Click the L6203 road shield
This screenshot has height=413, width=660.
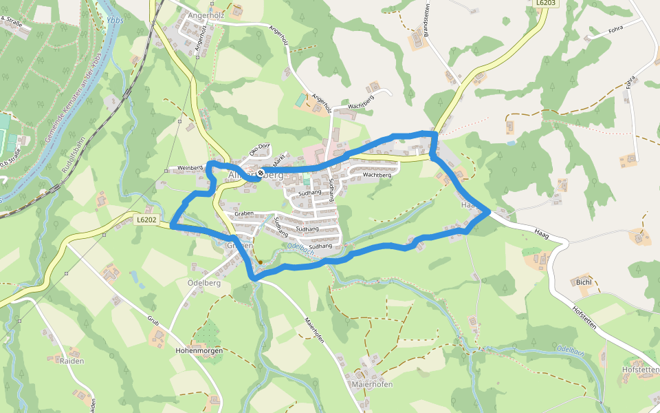(x=546, y=3)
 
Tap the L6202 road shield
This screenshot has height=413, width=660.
(x=147, y=220)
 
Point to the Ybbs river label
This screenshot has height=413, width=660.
(x=114, y=21)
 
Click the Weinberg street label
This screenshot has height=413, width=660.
(x=190, y=168)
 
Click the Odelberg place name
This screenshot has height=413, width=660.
(x=203, y=283)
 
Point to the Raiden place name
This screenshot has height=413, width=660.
(x=72, y=361)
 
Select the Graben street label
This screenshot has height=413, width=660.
(x=244, y=214)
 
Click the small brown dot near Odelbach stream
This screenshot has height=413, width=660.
(x=260, y=262)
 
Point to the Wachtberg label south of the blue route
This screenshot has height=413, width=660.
(x=377, y=176)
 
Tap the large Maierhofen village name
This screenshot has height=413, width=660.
(x=371, y=384)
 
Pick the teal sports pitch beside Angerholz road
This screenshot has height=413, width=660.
(x=300, y=100)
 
